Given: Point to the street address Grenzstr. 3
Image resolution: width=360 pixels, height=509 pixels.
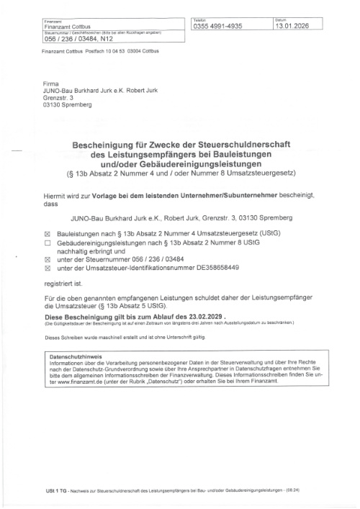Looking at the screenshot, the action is click(60, 99).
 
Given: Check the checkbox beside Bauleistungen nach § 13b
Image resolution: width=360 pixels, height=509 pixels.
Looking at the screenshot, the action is click(48, 235).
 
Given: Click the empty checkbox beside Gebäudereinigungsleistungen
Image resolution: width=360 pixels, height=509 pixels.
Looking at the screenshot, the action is click(48, 243).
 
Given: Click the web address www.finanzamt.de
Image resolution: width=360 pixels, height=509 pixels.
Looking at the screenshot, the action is click(80, 382).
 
